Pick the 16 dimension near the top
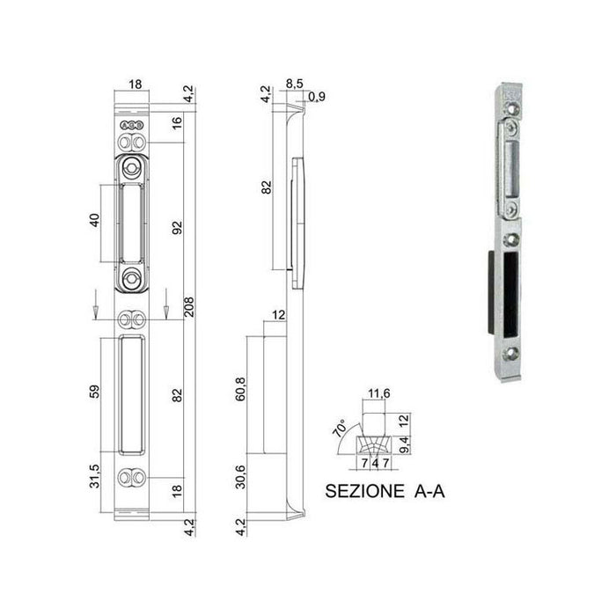(176, 123)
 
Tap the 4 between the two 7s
(378, 461)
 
